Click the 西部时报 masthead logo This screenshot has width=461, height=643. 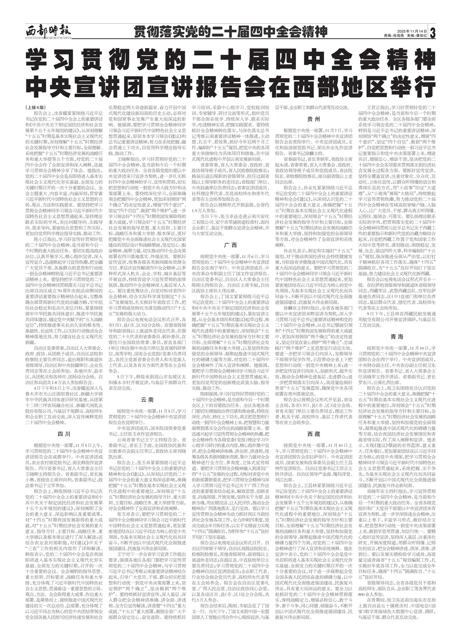pyautogui.click(x=48, y=32)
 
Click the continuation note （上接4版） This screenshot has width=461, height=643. pyautogui.click(x=35, y=108)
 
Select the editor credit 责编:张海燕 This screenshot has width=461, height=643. pyautogui.click(x=394, y=35)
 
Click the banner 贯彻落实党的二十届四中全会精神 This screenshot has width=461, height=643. pyautogui.click(x=230, y=32)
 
